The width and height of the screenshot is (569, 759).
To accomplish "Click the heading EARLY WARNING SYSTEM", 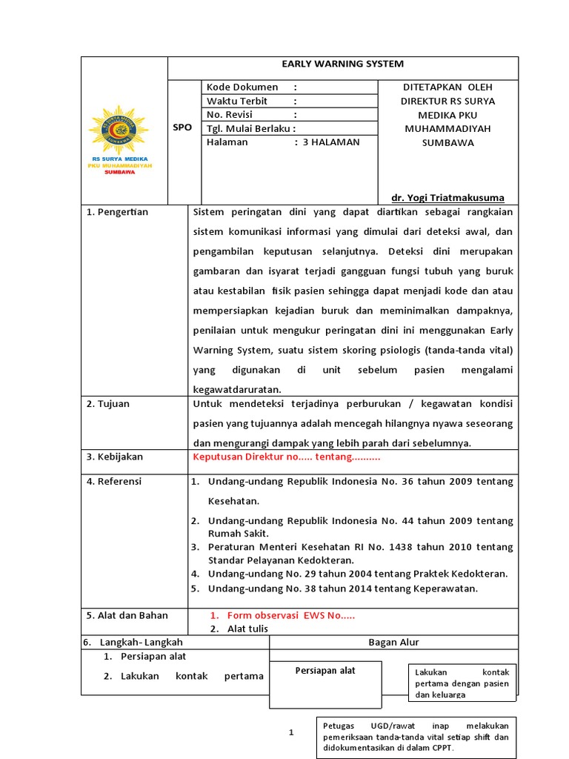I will [x=343, y=64].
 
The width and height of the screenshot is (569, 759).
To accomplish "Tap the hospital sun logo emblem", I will [x=119, y=130].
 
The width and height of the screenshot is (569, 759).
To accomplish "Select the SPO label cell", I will [x=182, y=127].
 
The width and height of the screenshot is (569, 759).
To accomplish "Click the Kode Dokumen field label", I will [x=242, y=87].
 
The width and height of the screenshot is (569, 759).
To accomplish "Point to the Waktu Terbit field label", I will [x=237, y=101].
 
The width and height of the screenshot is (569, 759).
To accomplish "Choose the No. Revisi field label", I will [x=235, y=115].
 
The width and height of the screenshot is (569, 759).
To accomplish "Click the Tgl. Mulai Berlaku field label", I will [x=251, y=128].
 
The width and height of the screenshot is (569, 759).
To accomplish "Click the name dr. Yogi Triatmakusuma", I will [x=447, y=198].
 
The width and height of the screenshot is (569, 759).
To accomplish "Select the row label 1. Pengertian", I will [x=118, y=212].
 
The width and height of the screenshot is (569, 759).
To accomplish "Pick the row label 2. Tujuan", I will [x=108, y=404].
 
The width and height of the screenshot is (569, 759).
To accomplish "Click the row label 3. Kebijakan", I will [x=115, y=457].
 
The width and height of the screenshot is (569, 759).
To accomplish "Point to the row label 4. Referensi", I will [x=114, y=482].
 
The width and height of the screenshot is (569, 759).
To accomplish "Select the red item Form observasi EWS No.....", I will [x=291, y=615].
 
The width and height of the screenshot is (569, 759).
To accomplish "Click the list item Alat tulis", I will [x=247, y=629].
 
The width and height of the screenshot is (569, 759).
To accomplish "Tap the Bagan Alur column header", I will [x=393, y=643].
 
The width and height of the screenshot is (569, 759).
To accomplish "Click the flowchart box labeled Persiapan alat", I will [x=325, y=671].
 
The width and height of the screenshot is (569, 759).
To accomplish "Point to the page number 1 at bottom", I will [x=291, y=733].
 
